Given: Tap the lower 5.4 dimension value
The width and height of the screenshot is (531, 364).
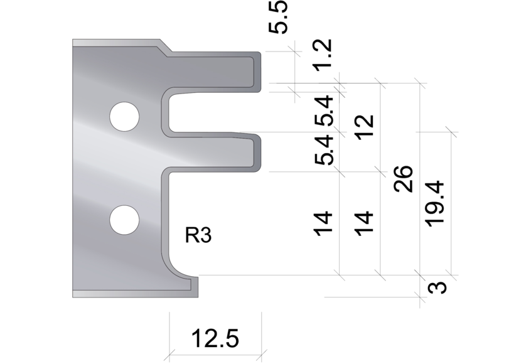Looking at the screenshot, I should tap(325, 150).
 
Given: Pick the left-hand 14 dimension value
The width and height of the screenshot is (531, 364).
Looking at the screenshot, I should tap(324, 223).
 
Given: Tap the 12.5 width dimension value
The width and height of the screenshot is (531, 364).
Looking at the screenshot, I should tap(215, 340).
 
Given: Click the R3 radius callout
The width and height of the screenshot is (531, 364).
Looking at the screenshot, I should tap(198, 237).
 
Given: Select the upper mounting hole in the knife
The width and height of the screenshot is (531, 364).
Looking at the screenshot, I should tap(124, 115).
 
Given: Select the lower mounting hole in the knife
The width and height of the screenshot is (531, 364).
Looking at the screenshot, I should tap(124, 220).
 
